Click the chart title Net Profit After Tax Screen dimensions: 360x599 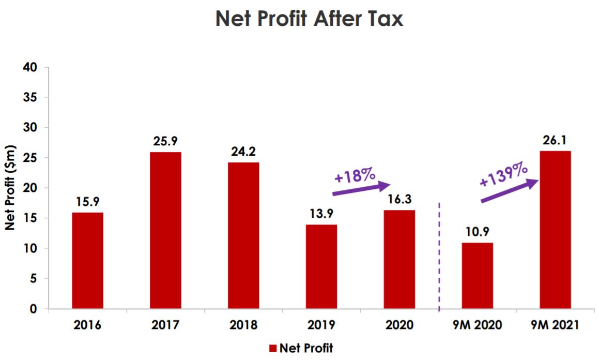tap(309, 19)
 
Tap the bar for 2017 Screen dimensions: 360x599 tap(165, 230)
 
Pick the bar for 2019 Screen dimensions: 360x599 tap(321, 266)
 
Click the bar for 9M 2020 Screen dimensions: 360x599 tap(477, 275)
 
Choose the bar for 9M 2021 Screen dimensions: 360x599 tap(555, 230)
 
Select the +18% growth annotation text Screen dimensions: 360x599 tap(355, 176)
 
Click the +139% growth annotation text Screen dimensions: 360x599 tap(503, 174)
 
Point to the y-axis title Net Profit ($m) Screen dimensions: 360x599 tap(10, 188)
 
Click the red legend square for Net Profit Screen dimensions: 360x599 tap(273, 348)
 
